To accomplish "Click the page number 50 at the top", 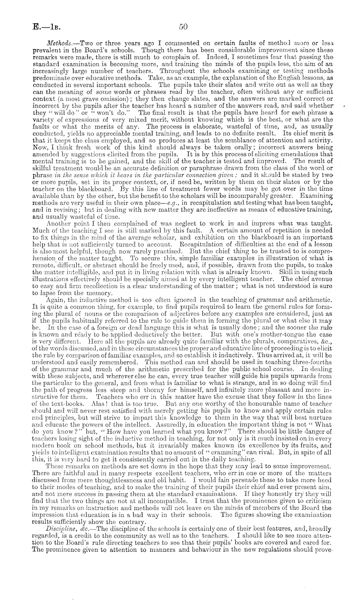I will tap(183, 27).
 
